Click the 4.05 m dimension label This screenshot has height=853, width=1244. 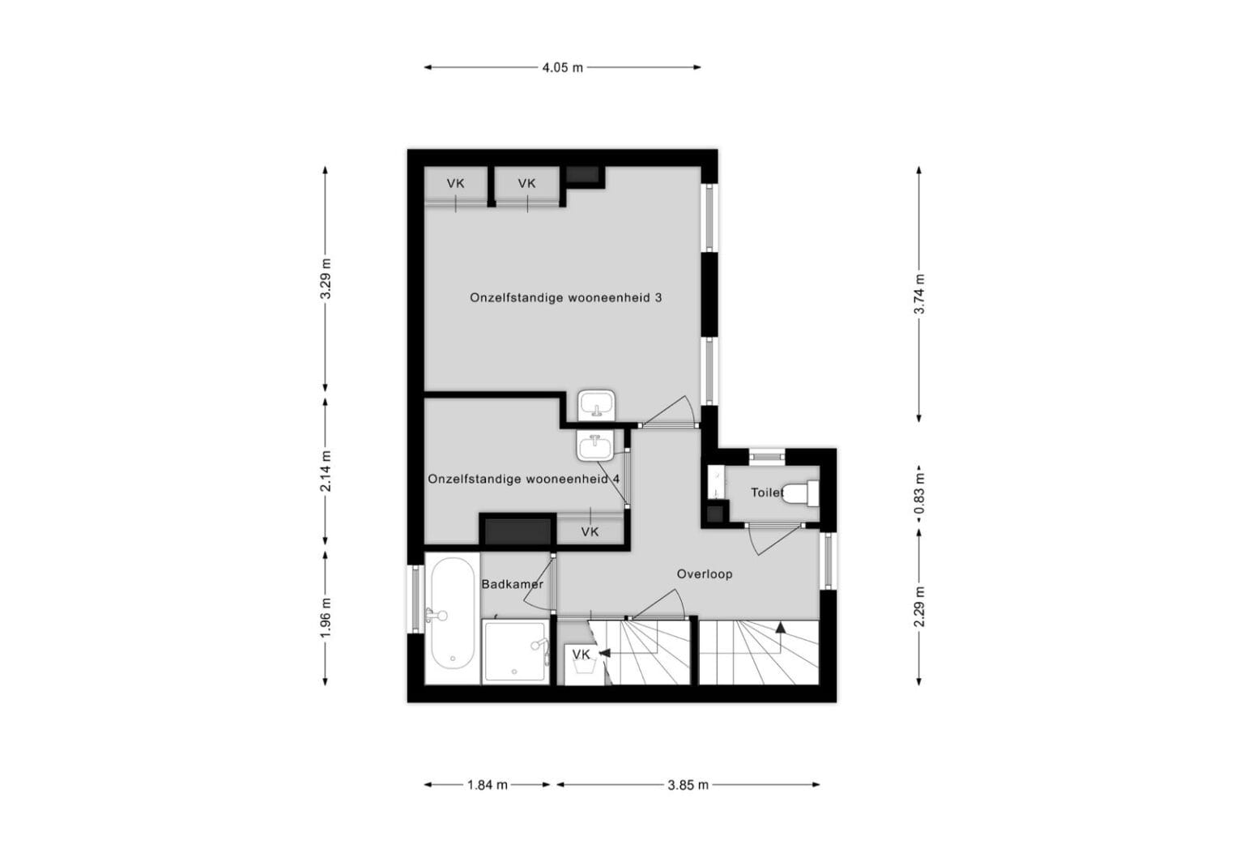(x=562, y=68)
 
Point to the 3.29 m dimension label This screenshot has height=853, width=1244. (x=326, y=279)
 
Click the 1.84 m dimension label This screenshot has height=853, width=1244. (x=488, y=784)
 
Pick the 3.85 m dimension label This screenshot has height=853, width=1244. (x=688, y=784)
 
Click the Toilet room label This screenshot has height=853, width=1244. (x=767, y=493)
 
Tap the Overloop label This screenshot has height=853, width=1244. (x=705, y=574)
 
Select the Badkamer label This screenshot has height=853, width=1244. (x=512, y=584)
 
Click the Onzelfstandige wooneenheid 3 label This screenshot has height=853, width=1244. (x=565, y=298)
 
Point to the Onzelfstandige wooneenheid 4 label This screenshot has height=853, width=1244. (x=523, y=479)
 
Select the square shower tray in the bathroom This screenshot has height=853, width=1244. (x=516, y=652)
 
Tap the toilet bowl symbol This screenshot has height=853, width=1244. (x=804, y=493)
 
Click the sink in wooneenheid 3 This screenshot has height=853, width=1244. (x=597, y=404)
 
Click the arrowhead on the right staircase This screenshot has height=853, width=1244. (x=780, y=626)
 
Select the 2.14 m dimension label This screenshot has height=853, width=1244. (x=326, y=471)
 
